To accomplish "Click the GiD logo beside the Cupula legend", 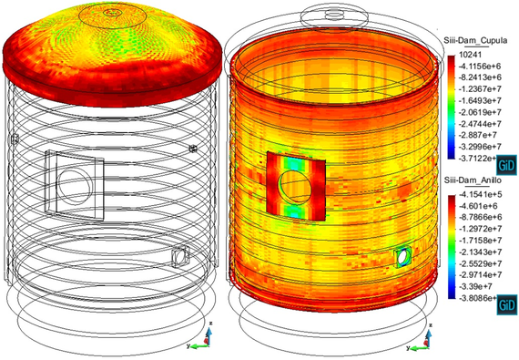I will pos(505,164).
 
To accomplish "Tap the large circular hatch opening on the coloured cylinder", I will pos(296,186).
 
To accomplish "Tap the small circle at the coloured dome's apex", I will pos(112,13).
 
